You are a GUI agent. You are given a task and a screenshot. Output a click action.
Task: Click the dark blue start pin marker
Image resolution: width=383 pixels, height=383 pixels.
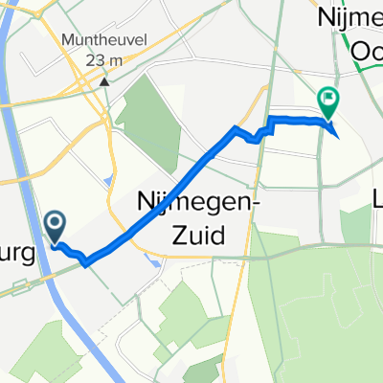[x=55, y=226]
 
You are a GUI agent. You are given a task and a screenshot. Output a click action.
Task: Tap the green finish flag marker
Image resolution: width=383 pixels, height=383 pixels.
[x=328, y=99]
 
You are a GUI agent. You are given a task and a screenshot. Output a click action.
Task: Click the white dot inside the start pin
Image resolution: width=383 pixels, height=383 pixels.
[x=55, y=223]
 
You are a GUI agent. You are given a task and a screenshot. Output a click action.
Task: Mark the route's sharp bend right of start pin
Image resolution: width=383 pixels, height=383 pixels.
[x=88, y=261]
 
